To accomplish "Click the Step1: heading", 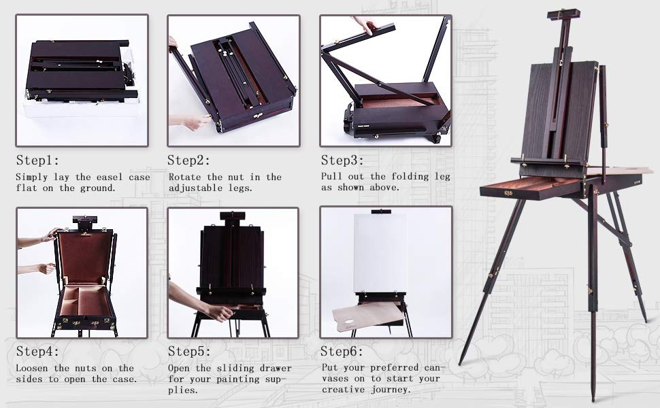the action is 38,160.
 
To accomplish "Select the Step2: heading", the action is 189,160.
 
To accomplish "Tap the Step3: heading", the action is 342,160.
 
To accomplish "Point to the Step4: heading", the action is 38,351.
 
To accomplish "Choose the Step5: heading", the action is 189,351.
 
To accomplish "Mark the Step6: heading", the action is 342,351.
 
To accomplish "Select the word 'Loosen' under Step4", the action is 33,368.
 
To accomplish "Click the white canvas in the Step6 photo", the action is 380,253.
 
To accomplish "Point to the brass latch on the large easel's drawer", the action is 508,192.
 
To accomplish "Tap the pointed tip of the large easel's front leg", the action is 593,398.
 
